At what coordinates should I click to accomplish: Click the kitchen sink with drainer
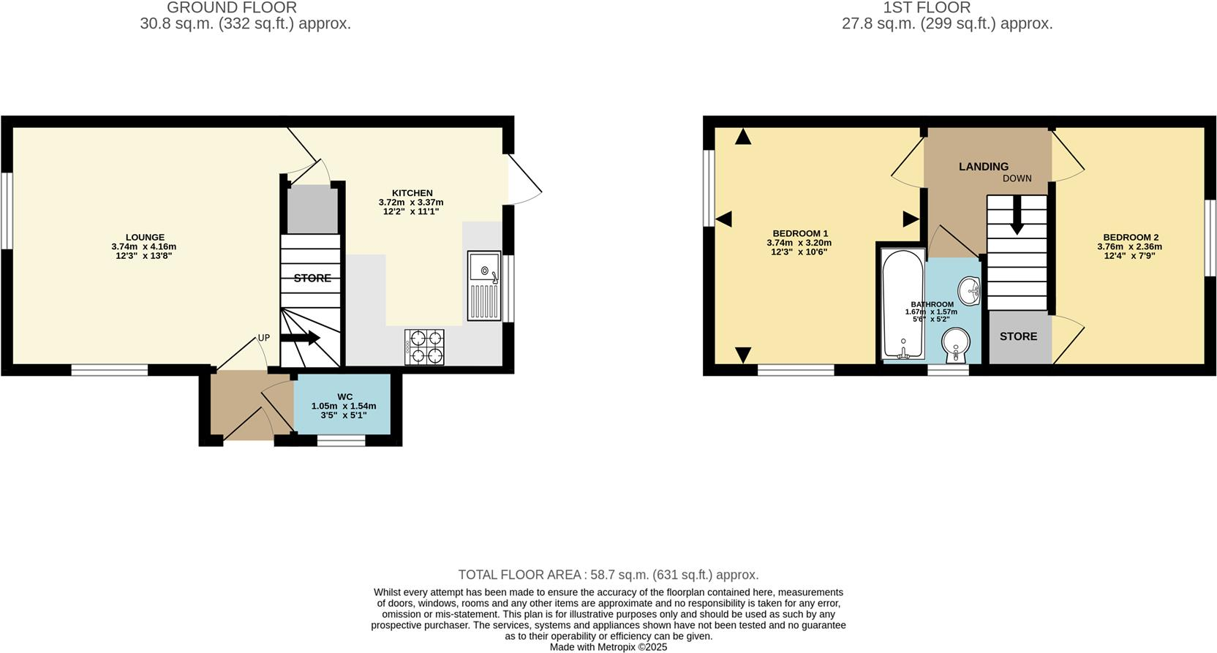[x=484, y=286]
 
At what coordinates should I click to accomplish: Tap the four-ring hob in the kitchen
[x=424, y=347]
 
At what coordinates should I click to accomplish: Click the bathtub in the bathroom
[x=903, y=304]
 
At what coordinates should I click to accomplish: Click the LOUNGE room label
[x=145, y=237]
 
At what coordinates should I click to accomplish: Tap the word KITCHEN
[x=412, y=193]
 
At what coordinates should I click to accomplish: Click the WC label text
[x=344, y=397]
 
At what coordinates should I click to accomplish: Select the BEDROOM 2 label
[x=1131, y=237]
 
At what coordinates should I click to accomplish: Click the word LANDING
[x=983, y=167]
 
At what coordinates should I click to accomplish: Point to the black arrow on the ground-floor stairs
[x=301, y=338]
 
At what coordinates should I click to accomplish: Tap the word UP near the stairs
[x=263, y=338]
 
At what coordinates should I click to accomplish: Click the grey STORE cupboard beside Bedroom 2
[x=1018, y=336]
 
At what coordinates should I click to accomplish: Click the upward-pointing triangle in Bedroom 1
[x=743, y=136]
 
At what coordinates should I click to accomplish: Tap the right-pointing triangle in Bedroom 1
[x=911, y=219]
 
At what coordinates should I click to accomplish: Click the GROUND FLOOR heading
[x=231, y=8]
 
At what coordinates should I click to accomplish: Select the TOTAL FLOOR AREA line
[x=608, y=575]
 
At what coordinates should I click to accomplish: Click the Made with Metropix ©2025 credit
[x=608, y=647]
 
